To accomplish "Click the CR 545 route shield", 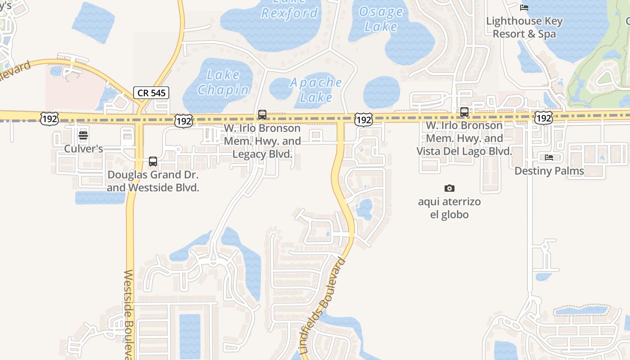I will tap(151, 93).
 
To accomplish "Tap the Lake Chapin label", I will tap(223, 82).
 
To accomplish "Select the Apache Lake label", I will tap(316, 90).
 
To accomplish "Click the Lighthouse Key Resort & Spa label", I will tap(524, 27).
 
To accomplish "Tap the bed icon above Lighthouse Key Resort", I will tap(524, 7).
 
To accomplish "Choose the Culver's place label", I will tap(83, 148).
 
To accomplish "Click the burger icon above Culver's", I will tap(83, 135).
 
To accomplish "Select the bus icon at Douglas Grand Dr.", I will tap(153, 162).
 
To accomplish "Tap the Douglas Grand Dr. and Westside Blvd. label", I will tap(153, 181).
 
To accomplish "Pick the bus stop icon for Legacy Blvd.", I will tap(262, 115).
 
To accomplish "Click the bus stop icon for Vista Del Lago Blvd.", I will tap(464, 112).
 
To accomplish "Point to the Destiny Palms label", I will tap(549, 171).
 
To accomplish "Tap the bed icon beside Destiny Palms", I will tap(549, 157).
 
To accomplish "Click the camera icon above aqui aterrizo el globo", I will tap(449, 188).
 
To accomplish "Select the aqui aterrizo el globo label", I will tap(449, 208).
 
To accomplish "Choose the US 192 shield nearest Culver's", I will tap(49, 119).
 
